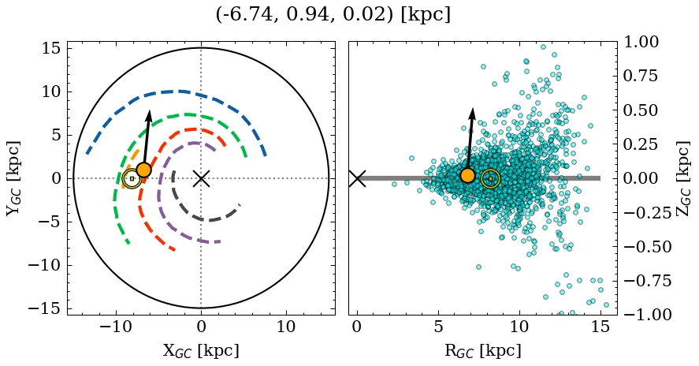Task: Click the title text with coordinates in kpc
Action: [333, 14]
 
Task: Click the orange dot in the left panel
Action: [143, 170]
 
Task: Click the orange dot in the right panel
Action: [467, 175]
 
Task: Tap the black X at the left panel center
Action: [201, 178]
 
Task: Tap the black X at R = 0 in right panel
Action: [357, 178]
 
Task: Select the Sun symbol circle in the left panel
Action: [132, 179]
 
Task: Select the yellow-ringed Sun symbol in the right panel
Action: [490, 179]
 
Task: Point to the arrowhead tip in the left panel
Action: [149, 110]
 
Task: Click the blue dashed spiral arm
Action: [181, 91]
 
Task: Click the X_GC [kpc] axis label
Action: [201, 350]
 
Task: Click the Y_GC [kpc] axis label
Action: [13, 178]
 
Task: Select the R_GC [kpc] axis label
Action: [482, 350]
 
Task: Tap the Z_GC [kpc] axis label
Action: [683, 178]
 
